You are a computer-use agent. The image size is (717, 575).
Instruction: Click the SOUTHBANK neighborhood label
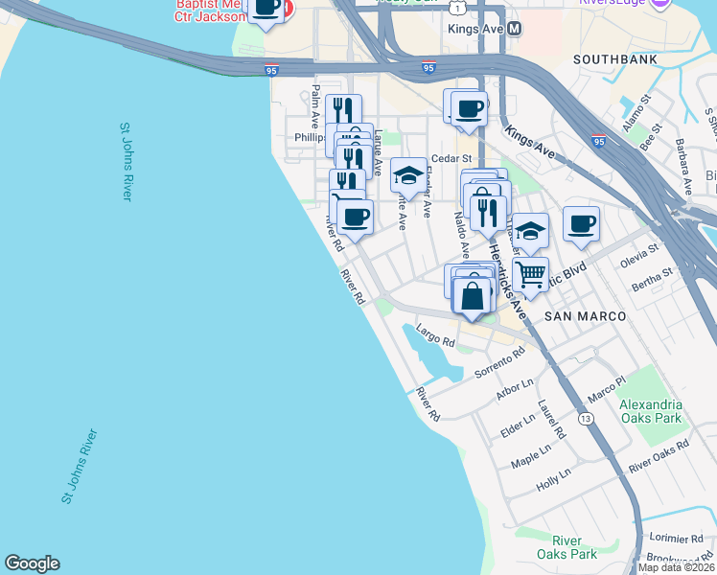613,59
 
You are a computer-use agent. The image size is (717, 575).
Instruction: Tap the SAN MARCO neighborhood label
585,316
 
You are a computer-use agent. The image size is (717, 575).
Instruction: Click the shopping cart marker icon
530,275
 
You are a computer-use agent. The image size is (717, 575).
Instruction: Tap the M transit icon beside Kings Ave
515,29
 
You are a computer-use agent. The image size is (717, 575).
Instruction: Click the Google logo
32,563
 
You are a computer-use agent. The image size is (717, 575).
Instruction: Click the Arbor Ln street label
515,389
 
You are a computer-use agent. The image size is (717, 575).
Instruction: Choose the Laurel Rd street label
552,420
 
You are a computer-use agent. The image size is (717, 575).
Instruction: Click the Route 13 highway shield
585,420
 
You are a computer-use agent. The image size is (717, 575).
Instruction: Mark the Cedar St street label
452,158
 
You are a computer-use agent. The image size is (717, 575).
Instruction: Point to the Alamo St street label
636,113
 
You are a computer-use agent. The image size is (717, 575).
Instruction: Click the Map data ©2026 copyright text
676,567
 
